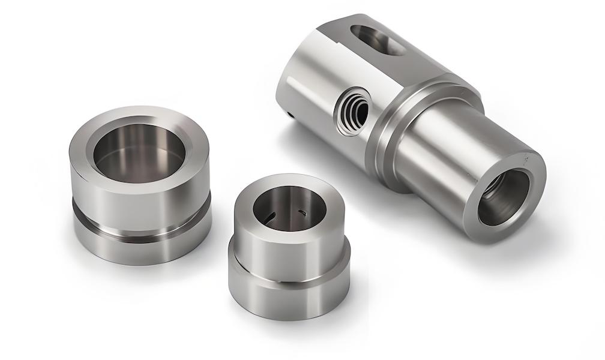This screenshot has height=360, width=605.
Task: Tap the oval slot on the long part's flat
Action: [x=377, y=40]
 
